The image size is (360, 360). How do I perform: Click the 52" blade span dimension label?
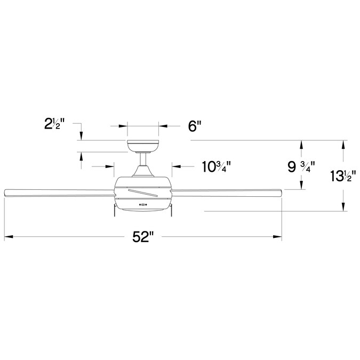pos(143,237)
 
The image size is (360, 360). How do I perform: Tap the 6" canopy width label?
pos(195,126)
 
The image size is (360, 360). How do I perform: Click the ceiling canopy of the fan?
pos(143,146)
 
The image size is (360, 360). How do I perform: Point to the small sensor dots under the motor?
pos(143,204)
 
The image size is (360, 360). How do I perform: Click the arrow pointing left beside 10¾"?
pos(175,167)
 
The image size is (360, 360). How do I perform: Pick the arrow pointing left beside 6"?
pos(163,126)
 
